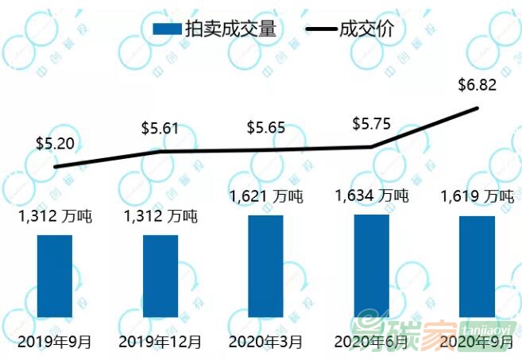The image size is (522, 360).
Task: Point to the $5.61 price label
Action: (160, 127)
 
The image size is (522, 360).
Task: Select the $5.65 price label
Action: (265, 127)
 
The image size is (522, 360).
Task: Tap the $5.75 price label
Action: (371, 125)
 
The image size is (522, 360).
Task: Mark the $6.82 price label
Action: (478, 86)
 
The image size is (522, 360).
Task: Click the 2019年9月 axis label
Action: (54, 343)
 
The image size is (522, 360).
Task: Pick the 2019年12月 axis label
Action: (160, 343)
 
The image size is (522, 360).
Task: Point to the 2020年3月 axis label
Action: (265, 343)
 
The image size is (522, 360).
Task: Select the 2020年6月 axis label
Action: (371, 343)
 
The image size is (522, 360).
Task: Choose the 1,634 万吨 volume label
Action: (371, 195)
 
